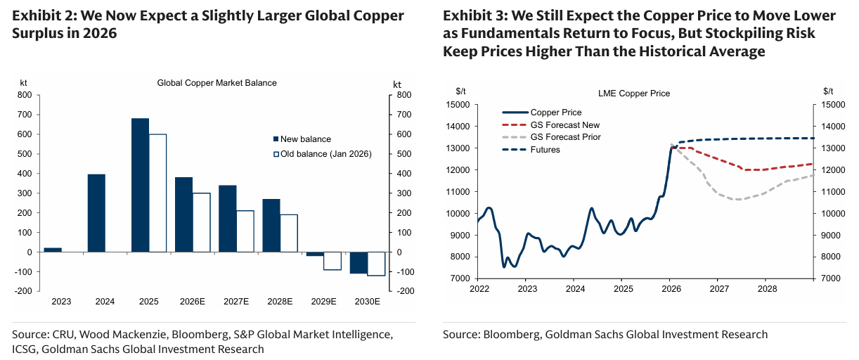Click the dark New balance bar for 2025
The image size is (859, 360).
140,185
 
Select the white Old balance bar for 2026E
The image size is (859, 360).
202,222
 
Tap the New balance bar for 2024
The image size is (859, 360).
96,213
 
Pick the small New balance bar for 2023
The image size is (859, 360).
53,250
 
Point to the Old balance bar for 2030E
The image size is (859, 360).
376,264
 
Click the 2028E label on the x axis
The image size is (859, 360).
280,302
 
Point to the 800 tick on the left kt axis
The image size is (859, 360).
25,95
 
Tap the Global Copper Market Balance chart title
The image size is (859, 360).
217,83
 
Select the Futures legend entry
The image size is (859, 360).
545,150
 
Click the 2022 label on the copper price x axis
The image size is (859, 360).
479,289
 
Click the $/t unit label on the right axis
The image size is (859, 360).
829,91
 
